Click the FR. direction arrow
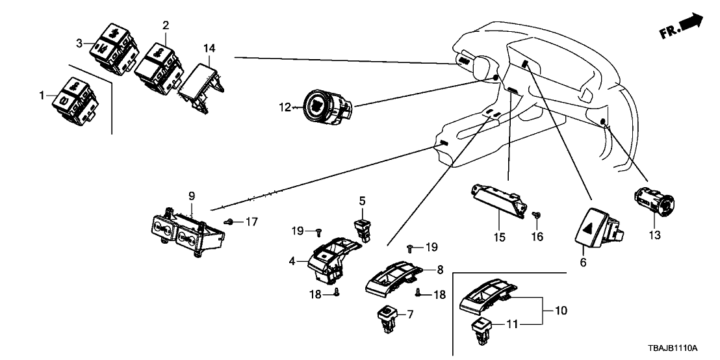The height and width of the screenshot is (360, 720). pyautogui.click(x=692, y=23)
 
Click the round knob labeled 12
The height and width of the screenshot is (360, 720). pyautogui.click(x=326, y=105)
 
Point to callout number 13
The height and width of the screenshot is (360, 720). pyautogui.click(x=654, y=235)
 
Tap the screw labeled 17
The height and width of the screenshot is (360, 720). pyautogui.click(x=229, y=222)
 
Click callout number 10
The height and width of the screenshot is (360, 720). pyautogui.click(x=561, y=311)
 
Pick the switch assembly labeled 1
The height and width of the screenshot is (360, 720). pyautogui.click(x=75, y=97)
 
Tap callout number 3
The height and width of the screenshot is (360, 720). pyautogui.click(x=80, y=44)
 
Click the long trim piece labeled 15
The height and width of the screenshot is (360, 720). pyautogui.click(x=497, y=197)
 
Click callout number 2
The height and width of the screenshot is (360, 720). pyautogui.click(x=166, y=26)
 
